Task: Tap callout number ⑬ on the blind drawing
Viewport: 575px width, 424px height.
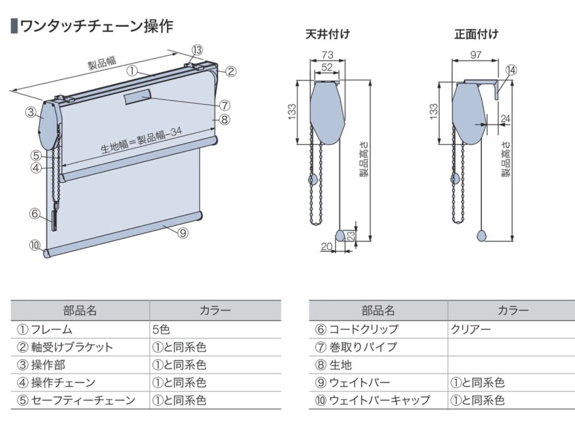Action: pyautogui.click(x=197, y=50)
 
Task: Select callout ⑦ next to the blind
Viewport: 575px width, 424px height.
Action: pyautogui.click(x=224, y=105)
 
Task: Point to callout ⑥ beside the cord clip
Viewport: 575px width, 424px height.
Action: pyautogui.click(x=34, y=213)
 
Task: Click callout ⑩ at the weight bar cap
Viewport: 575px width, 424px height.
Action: pyautogui.click(x=34, y=245)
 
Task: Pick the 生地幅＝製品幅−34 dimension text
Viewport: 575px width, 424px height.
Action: pyautogui.click(x=141, y=140)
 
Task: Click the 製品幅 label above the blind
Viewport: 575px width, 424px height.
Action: pyautogui.click(x=102, y=63)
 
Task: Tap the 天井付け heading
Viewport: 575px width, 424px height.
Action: pyautogui.click(x=327, y=34)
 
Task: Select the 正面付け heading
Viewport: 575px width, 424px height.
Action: pyautogui.click(x=476, y=34)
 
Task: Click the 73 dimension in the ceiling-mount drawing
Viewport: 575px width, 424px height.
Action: pyautogui.click(x=327, y=55)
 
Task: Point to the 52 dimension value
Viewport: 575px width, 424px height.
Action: pyautogui.click(x=326, y=67)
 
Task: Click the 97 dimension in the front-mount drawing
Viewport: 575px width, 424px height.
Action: pyautogui.click(x=475, y=55)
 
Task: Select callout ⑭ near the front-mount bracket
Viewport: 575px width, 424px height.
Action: pyautogui.click(x=511, y=70)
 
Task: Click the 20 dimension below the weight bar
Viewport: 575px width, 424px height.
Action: pyautogui.click(x=326, y=246)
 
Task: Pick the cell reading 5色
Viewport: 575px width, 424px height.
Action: pyautogui.click(x=161, y=329)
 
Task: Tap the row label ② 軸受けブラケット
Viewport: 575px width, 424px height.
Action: pyautogui.click(x=64, y=347)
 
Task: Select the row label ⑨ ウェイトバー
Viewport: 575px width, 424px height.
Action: pyautogui.click(x=352, y=382)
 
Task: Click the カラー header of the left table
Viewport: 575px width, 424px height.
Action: pyautogui.click(x=215, y=311)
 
